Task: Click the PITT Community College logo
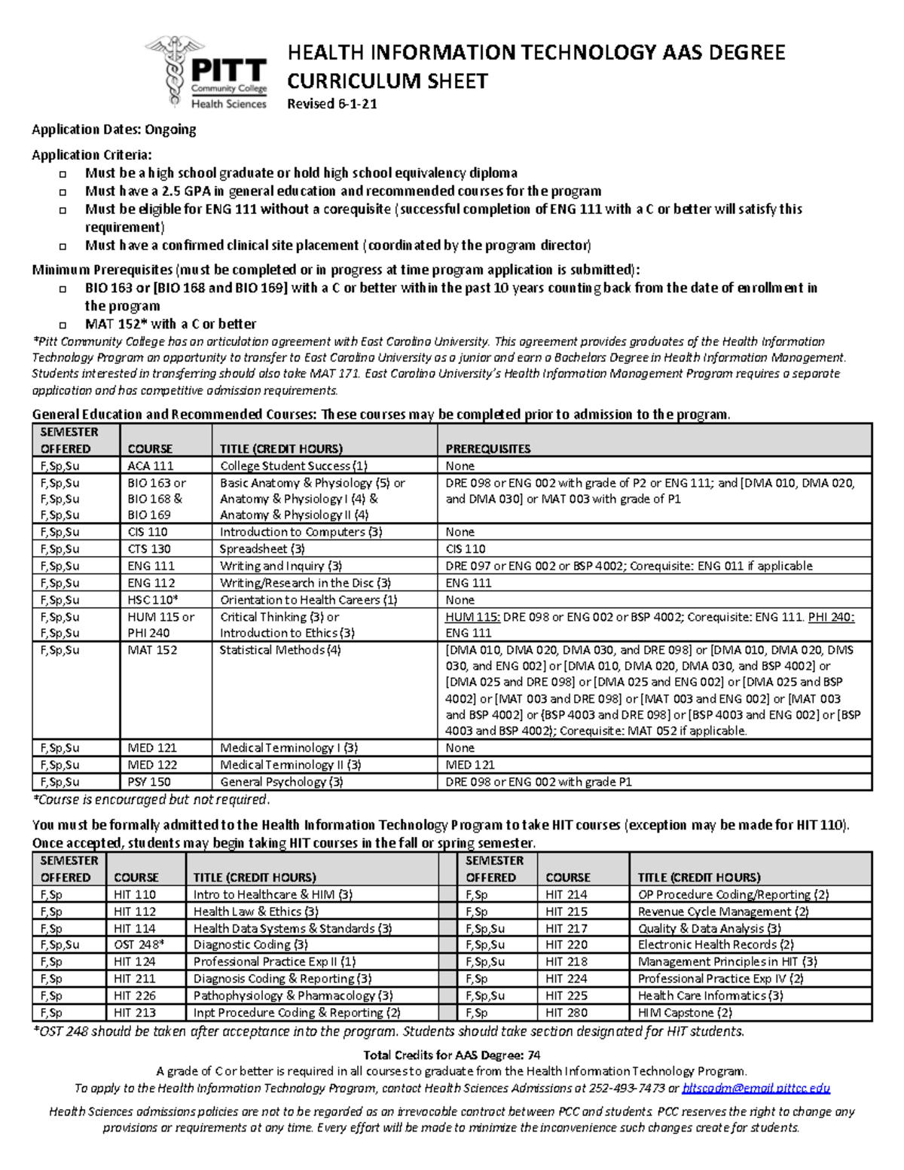click(x=208, y=73)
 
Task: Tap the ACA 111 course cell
click(x=151, y=466)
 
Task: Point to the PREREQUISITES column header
click(x=488, y=449)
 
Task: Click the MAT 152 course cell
click(x=152, y=650)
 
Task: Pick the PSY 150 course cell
click(x=149, y=782)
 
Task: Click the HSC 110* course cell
click(x=153, y=600)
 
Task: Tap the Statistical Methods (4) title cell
click(x=280, y=650)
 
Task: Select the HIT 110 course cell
click(x=135, y=895)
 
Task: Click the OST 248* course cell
click(x=139, y=945)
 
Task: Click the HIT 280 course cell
click(x=567, y=1013)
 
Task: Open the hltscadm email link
click(x=756, y=1089)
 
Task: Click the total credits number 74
click(x=533, y=1055)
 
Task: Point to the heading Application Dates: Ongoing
click(x=114, y=130)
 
